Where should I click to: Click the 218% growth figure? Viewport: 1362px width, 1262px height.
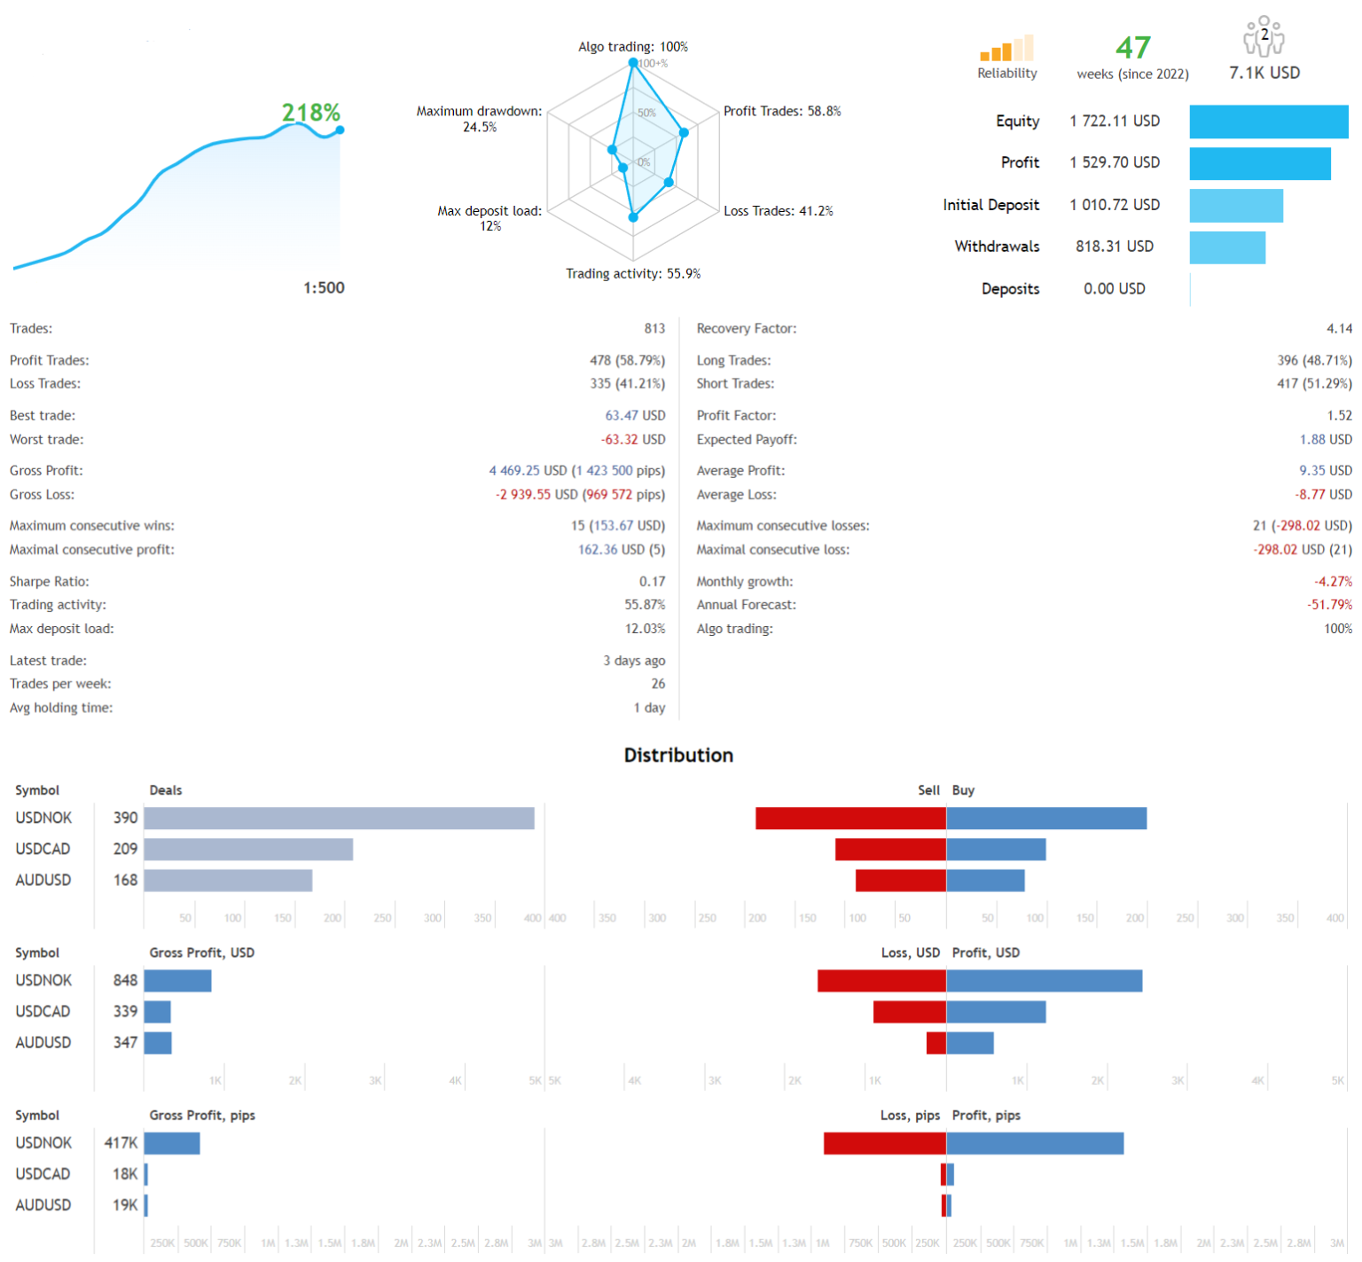(x=310, y=113)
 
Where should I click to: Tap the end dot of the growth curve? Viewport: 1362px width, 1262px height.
(x=340, y=130)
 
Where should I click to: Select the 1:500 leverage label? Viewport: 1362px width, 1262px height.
(x=324, y=287)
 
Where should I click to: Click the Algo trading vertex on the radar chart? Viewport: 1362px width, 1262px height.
(x=633, y=63)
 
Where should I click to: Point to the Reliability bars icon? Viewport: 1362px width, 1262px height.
(x=1006, y=49)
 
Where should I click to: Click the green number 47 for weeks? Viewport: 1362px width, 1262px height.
(x=1132, y=47)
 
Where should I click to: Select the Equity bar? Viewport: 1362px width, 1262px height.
(x=1268, y=121)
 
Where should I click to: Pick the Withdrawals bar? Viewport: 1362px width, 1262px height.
(x=1227, y=247)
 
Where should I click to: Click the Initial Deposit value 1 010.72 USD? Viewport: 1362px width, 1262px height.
(x=1115, y=205)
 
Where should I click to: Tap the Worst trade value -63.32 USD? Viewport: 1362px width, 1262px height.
(x=632, y=439)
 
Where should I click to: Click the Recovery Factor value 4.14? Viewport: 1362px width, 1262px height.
(x=1339, y=328)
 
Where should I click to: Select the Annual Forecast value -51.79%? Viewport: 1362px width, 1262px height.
(x=1329, y=605)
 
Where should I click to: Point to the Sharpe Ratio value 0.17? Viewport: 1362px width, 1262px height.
(x=652, y=581)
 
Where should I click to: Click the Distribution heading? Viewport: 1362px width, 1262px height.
(x=678, y=755)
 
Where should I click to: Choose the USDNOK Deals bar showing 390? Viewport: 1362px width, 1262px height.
(x=339, y=818)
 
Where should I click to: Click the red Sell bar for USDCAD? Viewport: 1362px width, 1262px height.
(x=890, y=850)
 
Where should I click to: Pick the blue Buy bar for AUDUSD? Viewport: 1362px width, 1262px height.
(x=985, y=881)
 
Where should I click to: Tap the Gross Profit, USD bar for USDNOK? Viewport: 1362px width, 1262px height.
(x=177, y=981)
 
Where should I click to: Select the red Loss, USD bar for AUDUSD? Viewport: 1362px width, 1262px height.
(x=935, y=1043)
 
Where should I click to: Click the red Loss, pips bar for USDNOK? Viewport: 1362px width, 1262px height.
(x=884, y=1143)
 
